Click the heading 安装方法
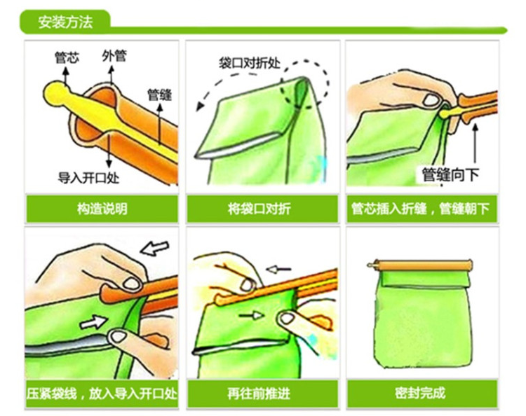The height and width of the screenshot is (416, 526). click(x=65, y=22)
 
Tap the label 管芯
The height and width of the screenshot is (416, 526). click(x=67, y=57)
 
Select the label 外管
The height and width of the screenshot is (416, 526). click(x=114, y=55)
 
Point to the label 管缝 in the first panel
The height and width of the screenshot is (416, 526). click(x=160, y=95)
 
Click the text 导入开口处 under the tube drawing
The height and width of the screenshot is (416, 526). click(x=88, y=178)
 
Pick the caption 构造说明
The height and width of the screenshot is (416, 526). click(x=102, y=209)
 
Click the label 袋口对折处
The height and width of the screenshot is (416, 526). click(x=250, y=63)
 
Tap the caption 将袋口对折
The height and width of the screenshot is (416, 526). click(x=259, y=209)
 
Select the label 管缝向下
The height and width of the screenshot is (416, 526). click(x=450, y=174)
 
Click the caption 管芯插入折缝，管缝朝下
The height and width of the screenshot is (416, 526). click(x=420, y=209)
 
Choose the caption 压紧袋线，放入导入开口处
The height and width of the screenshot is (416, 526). click(x=102, y=393)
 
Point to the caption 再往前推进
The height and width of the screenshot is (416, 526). click(x=259, y=393)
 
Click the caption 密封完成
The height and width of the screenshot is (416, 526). click(x=420, y=393)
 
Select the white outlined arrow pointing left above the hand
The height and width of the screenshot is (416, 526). click(x=154, y=248)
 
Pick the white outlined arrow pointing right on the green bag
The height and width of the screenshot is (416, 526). click(x=93, y=322)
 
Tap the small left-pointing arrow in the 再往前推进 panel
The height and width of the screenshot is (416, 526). click(x=278, y=269)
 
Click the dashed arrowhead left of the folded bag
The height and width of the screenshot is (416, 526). click(x=201, y=106)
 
